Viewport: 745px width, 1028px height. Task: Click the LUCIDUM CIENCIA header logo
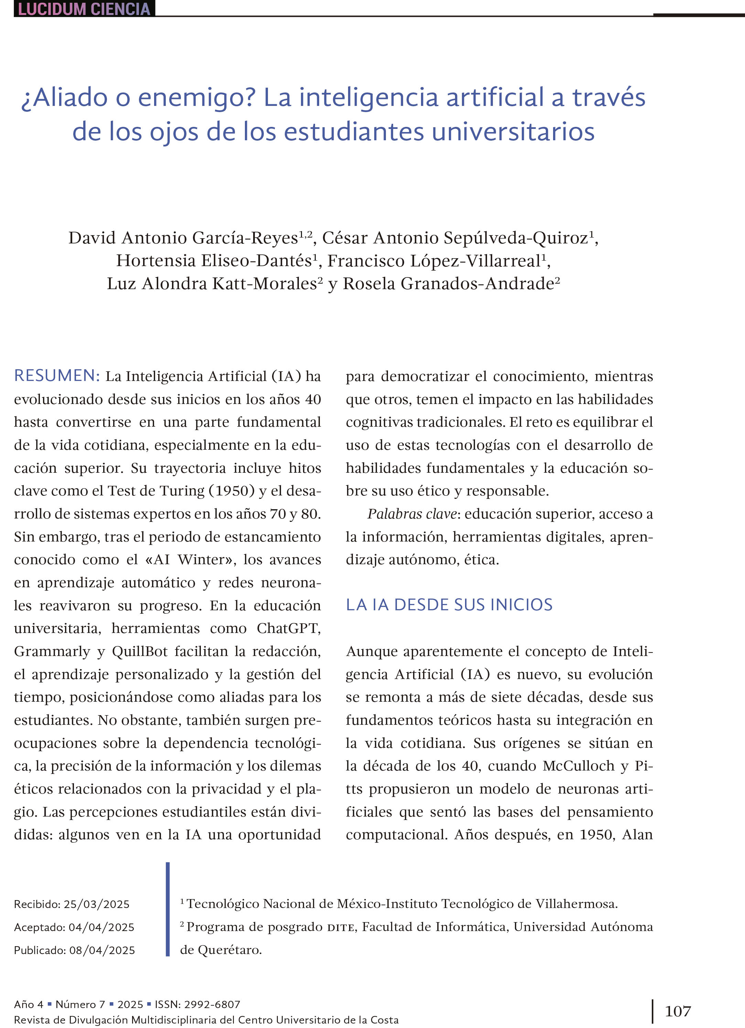click(x=84, y=9)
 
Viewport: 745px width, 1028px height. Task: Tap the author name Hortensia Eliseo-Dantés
click(x=214, y=261)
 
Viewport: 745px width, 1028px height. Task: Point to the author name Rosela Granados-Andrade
click(x=449, y=284)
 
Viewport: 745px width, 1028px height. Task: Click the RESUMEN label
click(x=57, y=376)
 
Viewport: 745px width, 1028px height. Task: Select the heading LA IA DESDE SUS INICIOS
click(x=449, y=605)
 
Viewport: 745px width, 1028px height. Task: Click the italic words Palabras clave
click(x=412, y=514)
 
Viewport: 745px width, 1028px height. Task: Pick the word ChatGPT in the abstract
click(x=288, y=628)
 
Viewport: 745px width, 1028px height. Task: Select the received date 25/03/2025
click(x=97, y=904)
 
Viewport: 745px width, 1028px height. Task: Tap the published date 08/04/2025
click(x=102, y=950)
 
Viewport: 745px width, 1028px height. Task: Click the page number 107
click(x=678, y=1011)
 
